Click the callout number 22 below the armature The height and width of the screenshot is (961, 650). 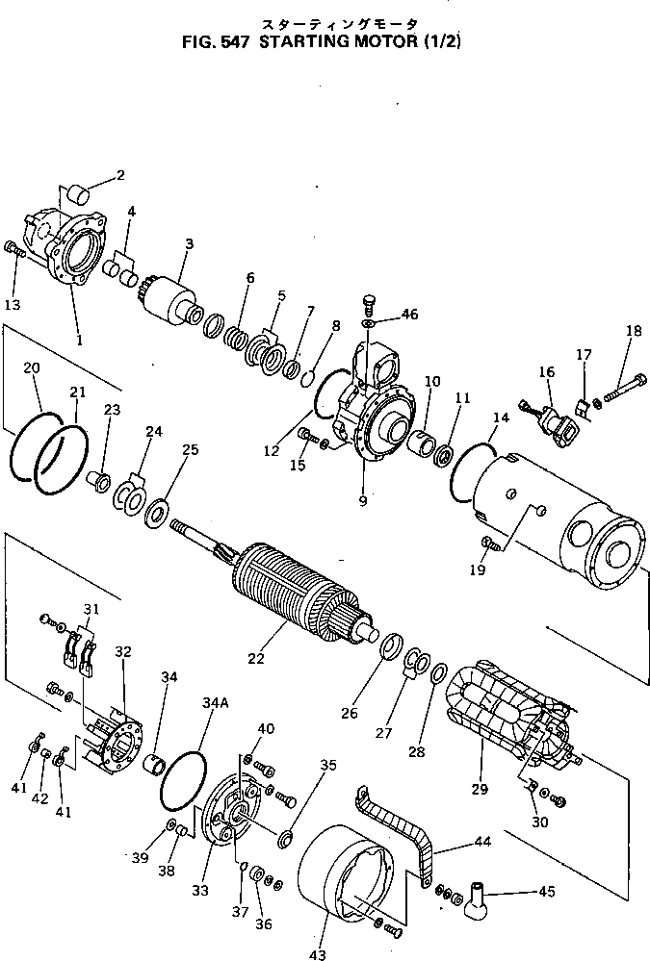(255, 658)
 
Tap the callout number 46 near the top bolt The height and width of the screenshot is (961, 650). (410, 315)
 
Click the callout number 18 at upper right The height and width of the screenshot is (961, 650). (633, 332)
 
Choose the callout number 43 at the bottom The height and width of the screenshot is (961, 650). (318, 954)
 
